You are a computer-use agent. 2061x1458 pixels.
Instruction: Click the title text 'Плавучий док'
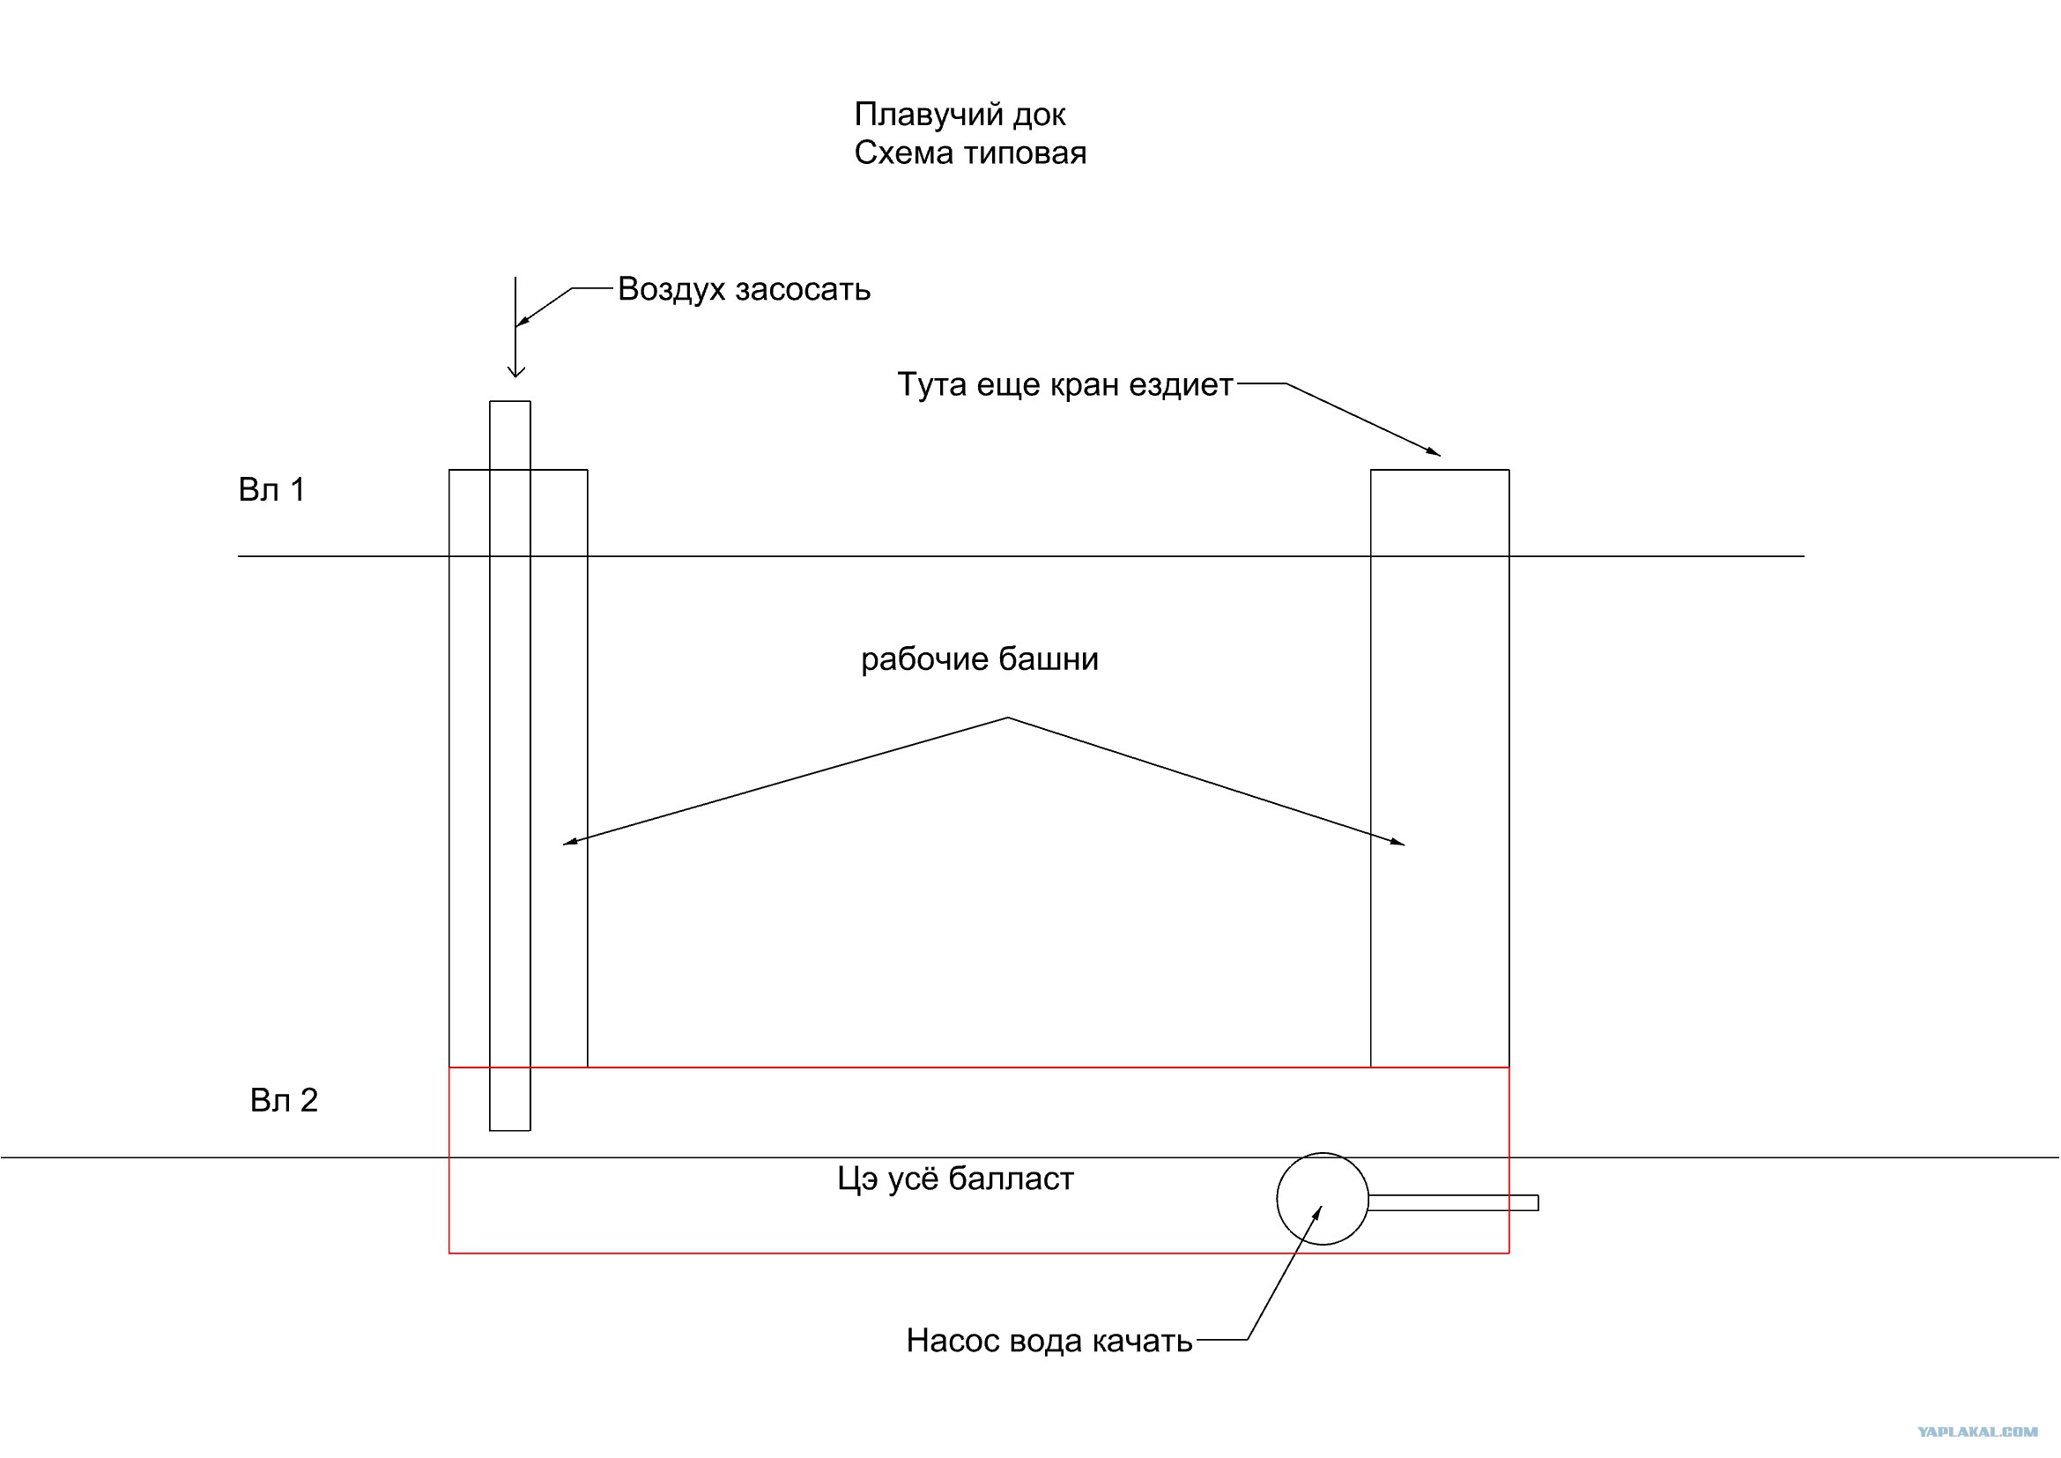pyautogui.click(x=960, y=115)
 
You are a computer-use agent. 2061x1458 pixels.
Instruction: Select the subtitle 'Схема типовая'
pyautogui.click(x=969, y=153)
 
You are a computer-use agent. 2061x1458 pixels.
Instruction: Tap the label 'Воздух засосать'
pyautogui.click(x=744, y=289)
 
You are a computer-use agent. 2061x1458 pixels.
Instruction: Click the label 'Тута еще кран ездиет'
pyautogui.click(x=1064, y=384)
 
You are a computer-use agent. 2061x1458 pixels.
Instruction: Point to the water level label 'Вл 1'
pyautogui.click(x=271, y=490)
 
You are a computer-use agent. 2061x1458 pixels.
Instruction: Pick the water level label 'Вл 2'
pyautogui.click(x=284, y=1101)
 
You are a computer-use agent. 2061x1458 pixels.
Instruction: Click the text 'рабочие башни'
pyautogui.click(x=979, y=660)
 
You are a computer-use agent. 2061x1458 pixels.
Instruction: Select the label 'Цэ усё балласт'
pyautogui.click(x=955, y=1179)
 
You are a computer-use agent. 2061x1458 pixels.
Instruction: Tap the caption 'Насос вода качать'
pyautogui.click(x=1049, y=1342)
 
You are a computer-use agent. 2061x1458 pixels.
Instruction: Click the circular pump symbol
pyautogui.click(x=1322, y=1200)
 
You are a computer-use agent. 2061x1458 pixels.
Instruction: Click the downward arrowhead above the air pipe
pyautogui.click(x=515, y=372)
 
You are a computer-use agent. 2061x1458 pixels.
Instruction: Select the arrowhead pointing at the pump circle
pyautogui.click(x=1317, y=1213)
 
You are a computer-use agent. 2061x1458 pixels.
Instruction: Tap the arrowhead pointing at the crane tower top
pyautogui.click(x=1434, y=452)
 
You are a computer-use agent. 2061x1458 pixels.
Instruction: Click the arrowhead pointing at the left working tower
pyautogui.click(x=569, y=843)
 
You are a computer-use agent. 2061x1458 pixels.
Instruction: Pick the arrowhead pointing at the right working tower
pyautogui.click(x=1398, y=843)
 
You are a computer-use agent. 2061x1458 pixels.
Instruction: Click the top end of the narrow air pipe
pyautogui.click(x=510, y=402)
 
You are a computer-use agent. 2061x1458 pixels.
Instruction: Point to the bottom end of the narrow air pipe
pyautogui.click(x=510, y=1129)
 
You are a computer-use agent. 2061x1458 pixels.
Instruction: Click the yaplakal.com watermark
pyautogui.click(x=1976, y=1432)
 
